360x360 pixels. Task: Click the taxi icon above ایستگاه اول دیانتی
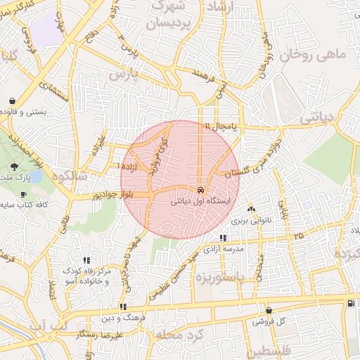point(201,190)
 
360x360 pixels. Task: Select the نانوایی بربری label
point(251,220)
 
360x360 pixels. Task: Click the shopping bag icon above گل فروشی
point(269,310)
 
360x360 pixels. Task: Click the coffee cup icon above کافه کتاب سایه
point(23,194)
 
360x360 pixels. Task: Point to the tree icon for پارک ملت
point(15,166)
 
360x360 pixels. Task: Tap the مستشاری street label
point(55,91)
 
